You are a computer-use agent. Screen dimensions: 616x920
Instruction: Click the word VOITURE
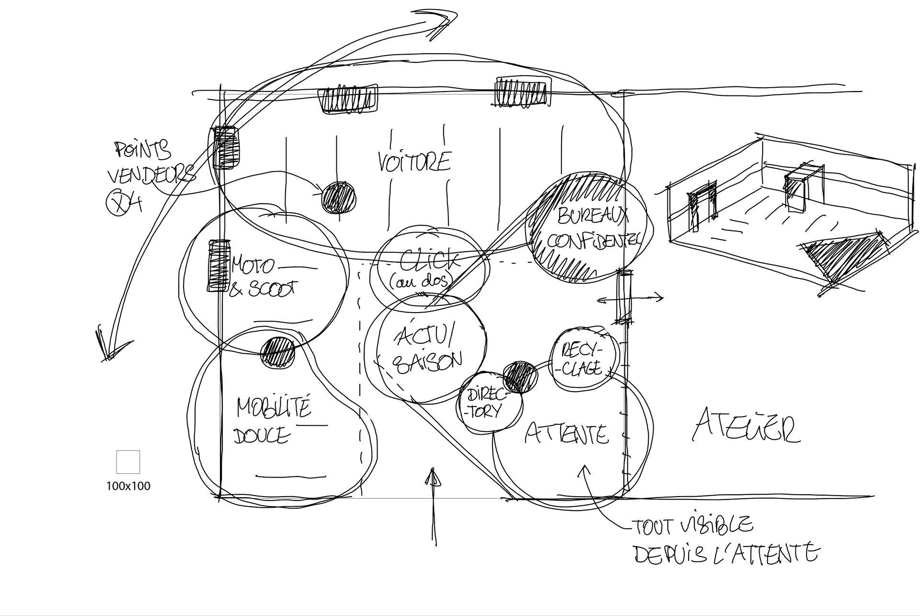pos(414,162)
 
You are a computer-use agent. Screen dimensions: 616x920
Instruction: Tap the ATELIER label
pos(746,425)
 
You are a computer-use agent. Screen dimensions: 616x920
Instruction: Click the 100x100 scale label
pos(128,486)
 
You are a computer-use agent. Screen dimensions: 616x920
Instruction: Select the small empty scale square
pos(128,462)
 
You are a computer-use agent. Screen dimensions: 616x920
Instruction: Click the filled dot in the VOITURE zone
pos(339,197)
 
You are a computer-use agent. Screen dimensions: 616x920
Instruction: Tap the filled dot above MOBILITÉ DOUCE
pos(278,352)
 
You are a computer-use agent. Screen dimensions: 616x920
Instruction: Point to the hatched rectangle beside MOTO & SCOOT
pos(217,265)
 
